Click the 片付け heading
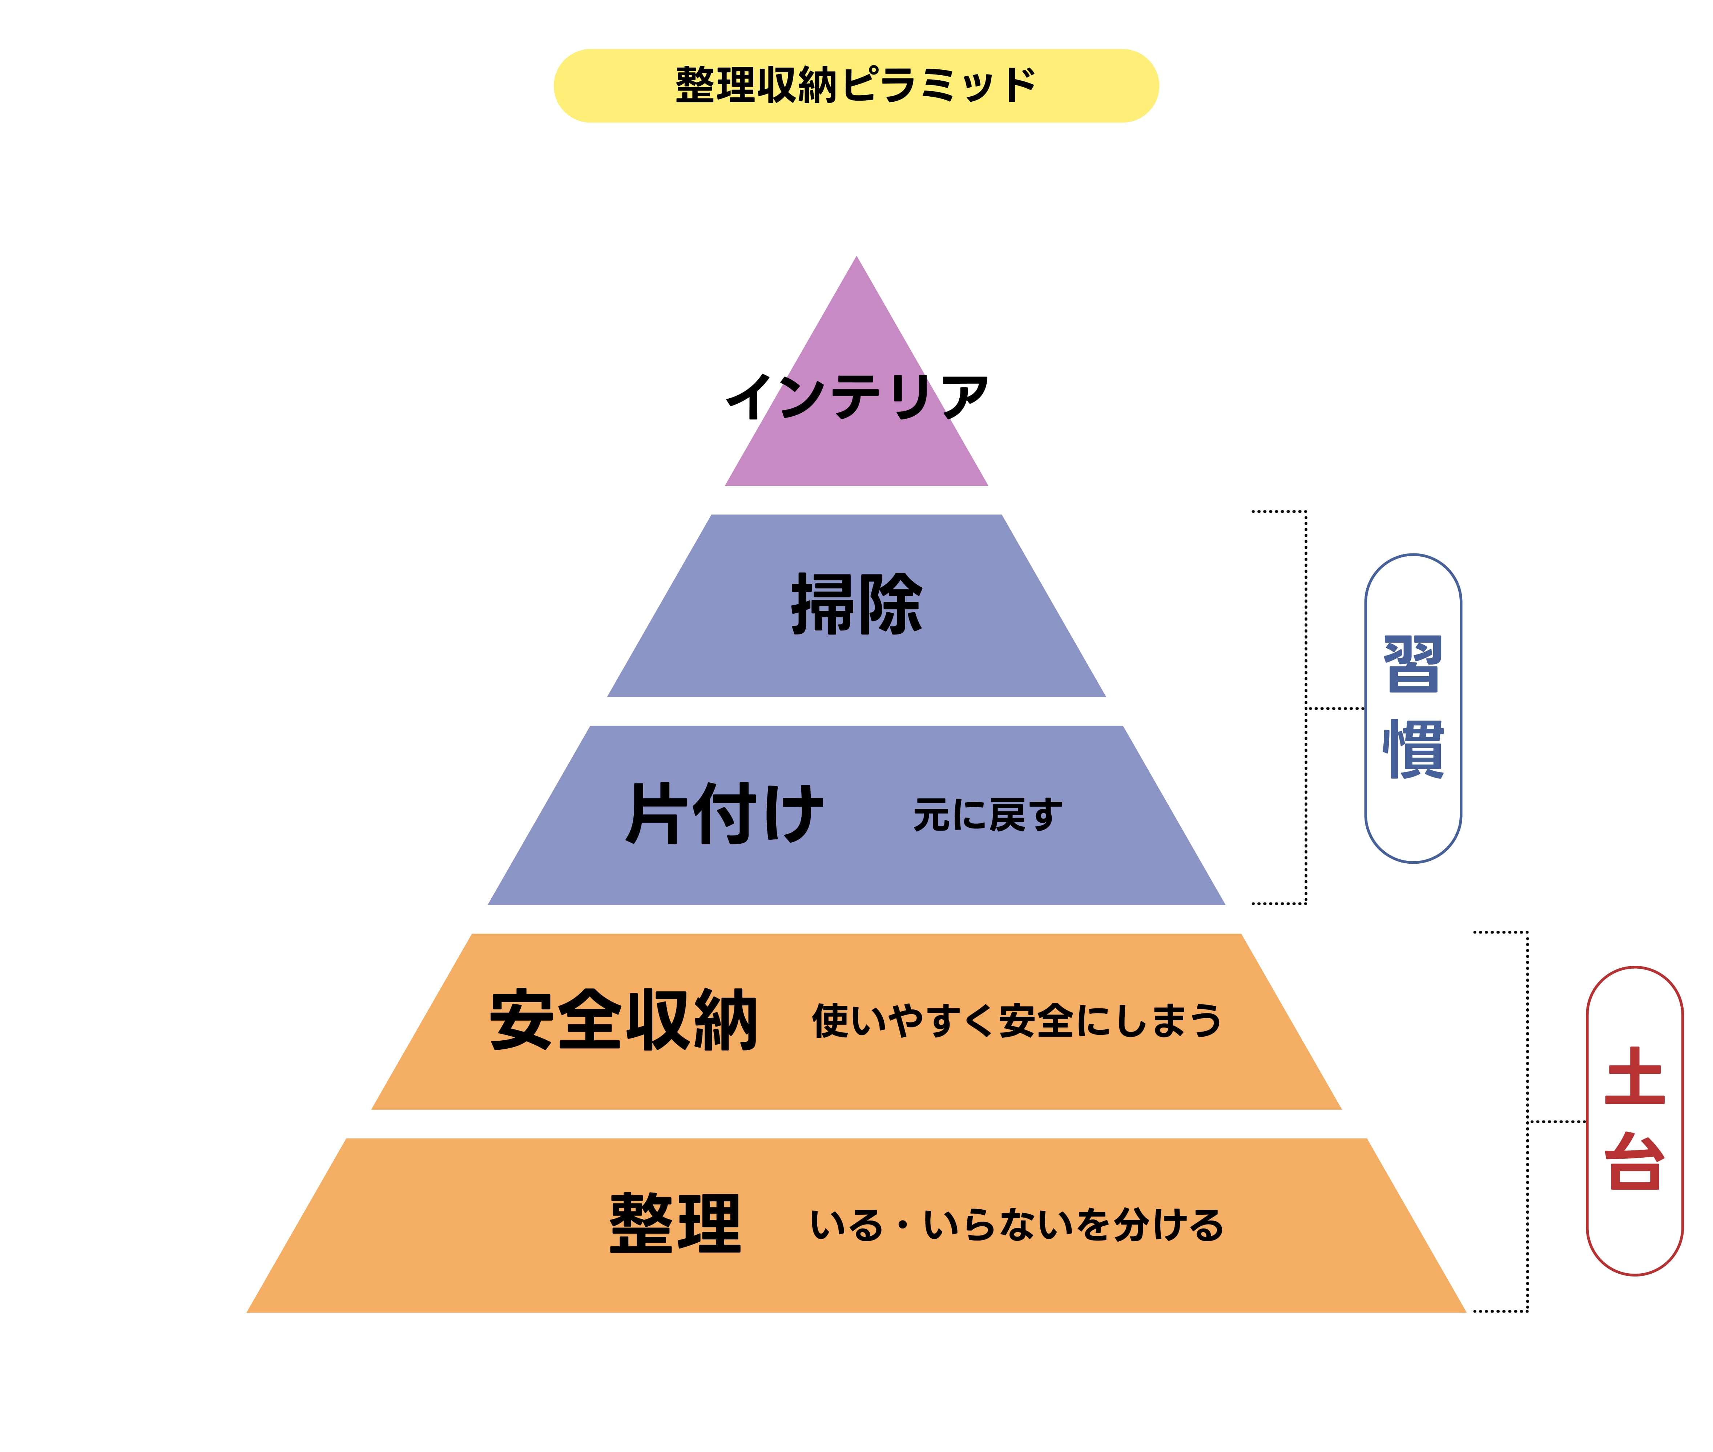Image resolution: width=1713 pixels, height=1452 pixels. (724, 813)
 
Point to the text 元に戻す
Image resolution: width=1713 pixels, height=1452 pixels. (987, 815)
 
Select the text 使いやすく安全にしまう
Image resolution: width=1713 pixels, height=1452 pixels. (1017, 1021)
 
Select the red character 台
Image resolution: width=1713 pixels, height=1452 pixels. (1634, 1161)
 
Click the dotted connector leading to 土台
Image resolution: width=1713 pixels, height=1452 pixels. (1556, 1121)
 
